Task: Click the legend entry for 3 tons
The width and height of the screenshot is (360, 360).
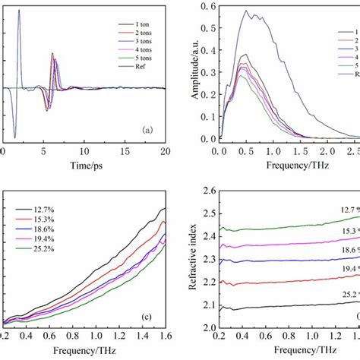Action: click(x=137, y=45)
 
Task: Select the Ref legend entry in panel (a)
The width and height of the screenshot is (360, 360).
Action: click(x=137, y=66)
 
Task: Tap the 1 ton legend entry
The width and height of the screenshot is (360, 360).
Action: click(x=137, y=24)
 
